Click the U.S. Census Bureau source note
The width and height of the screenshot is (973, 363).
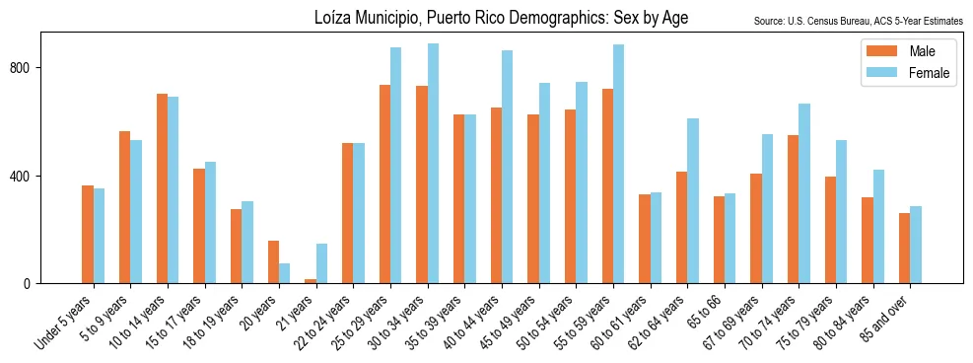point(858,21)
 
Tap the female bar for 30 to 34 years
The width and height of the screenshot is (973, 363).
point(433,164)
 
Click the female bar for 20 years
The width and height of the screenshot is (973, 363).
point(284,273)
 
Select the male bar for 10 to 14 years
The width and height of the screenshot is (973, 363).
point(162,188)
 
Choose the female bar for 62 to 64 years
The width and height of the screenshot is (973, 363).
point(693,201)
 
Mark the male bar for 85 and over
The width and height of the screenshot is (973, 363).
point(905,249)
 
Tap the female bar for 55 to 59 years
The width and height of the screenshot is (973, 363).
point(618,164)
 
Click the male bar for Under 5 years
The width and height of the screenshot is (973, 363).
point(88,235)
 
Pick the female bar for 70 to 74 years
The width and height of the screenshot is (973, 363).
point(804,193)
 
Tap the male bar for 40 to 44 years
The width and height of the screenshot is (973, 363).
point(496,195)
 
